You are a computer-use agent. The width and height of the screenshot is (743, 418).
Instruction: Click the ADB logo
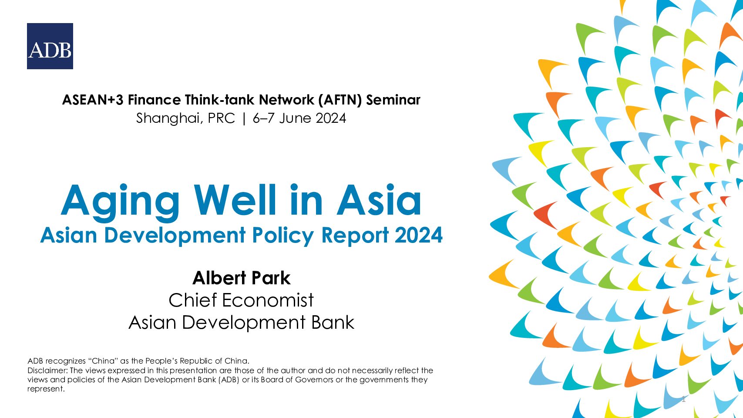(50, 46)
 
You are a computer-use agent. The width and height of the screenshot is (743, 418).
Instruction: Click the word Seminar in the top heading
(393, 100)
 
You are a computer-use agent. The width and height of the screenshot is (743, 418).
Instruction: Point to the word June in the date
(295, 118)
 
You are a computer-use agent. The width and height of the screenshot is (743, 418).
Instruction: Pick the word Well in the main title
(235, 200)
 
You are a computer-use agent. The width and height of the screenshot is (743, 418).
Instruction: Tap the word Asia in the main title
(379, 200)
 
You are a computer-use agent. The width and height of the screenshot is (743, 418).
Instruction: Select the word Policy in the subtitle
(283, 236)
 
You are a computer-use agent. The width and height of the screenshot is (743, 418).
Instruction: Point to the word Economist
(268, 300)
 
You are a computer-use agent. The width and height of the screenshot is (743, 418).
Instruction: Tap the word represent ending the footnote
(45, 389)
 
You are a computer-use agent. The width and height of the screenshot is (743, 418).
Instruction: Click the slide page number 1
(683, 399)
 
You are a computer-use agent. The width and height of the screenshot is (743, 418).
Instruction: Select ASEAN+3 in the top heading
(93, 100)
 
